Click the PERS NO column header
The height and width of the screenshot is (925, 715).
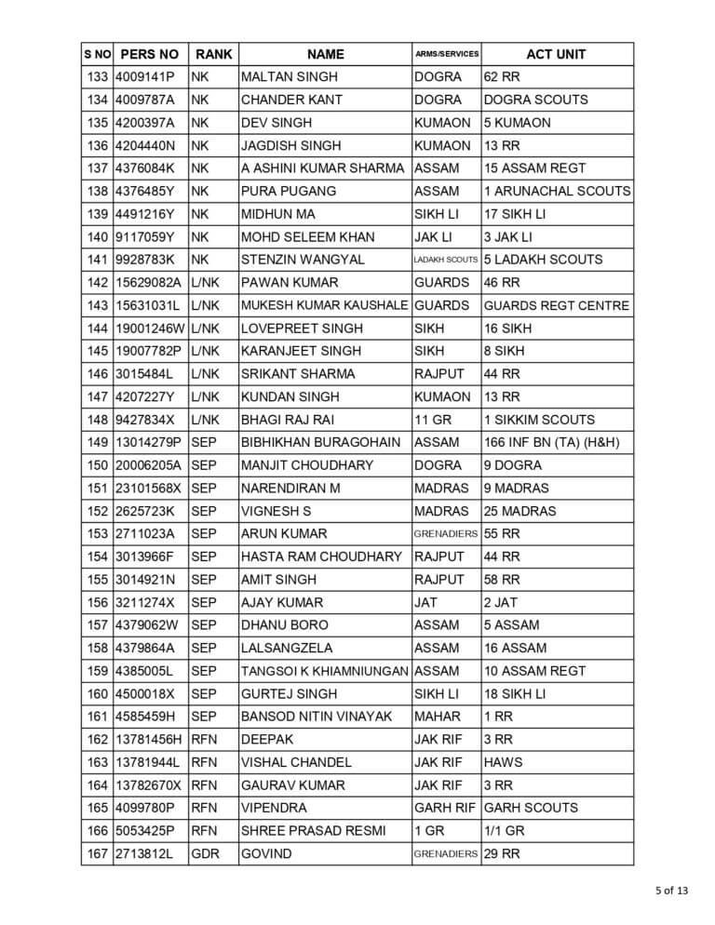pos(149,54)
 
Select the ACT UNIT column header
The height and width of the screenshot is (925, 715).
pos(556,54)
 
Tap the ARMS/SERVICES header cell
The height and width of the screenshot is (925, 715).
pos(447,54)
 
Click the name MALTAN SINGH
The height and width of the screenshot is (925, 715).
pos(289,77)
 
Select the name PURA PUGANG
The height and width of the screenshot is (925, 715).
pos(284,191)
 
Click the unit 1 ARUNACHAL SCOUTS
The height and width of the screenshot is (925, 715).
pos(557,191)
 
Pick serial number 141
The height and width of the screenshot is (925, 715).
pos(97,260)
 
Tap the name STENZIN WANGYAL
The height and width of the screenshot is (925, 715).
pos(303,260)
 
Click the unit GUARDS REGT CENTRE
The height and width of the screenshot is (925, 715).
pos(556,305)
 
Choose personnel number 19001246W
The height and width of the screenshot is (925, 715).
pos(149,328)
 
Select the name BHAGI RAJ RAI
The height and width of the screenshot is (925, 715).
pos(287,420)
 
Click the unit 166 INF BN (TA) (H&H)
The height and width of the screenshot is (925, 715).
pos(551,442)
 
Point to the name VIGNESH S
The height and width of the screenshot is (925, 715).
pos(276,511)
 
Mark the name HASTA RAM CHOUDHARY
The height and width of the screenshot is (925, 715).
pos(321,556)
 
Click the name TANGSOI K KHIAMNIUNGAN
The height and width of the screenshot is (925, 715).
pos(324,671)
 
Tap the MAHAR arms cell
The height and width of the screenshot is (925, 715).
pos(437,717)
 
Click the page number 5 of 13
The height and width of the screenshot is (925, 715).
pos(670,891)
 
